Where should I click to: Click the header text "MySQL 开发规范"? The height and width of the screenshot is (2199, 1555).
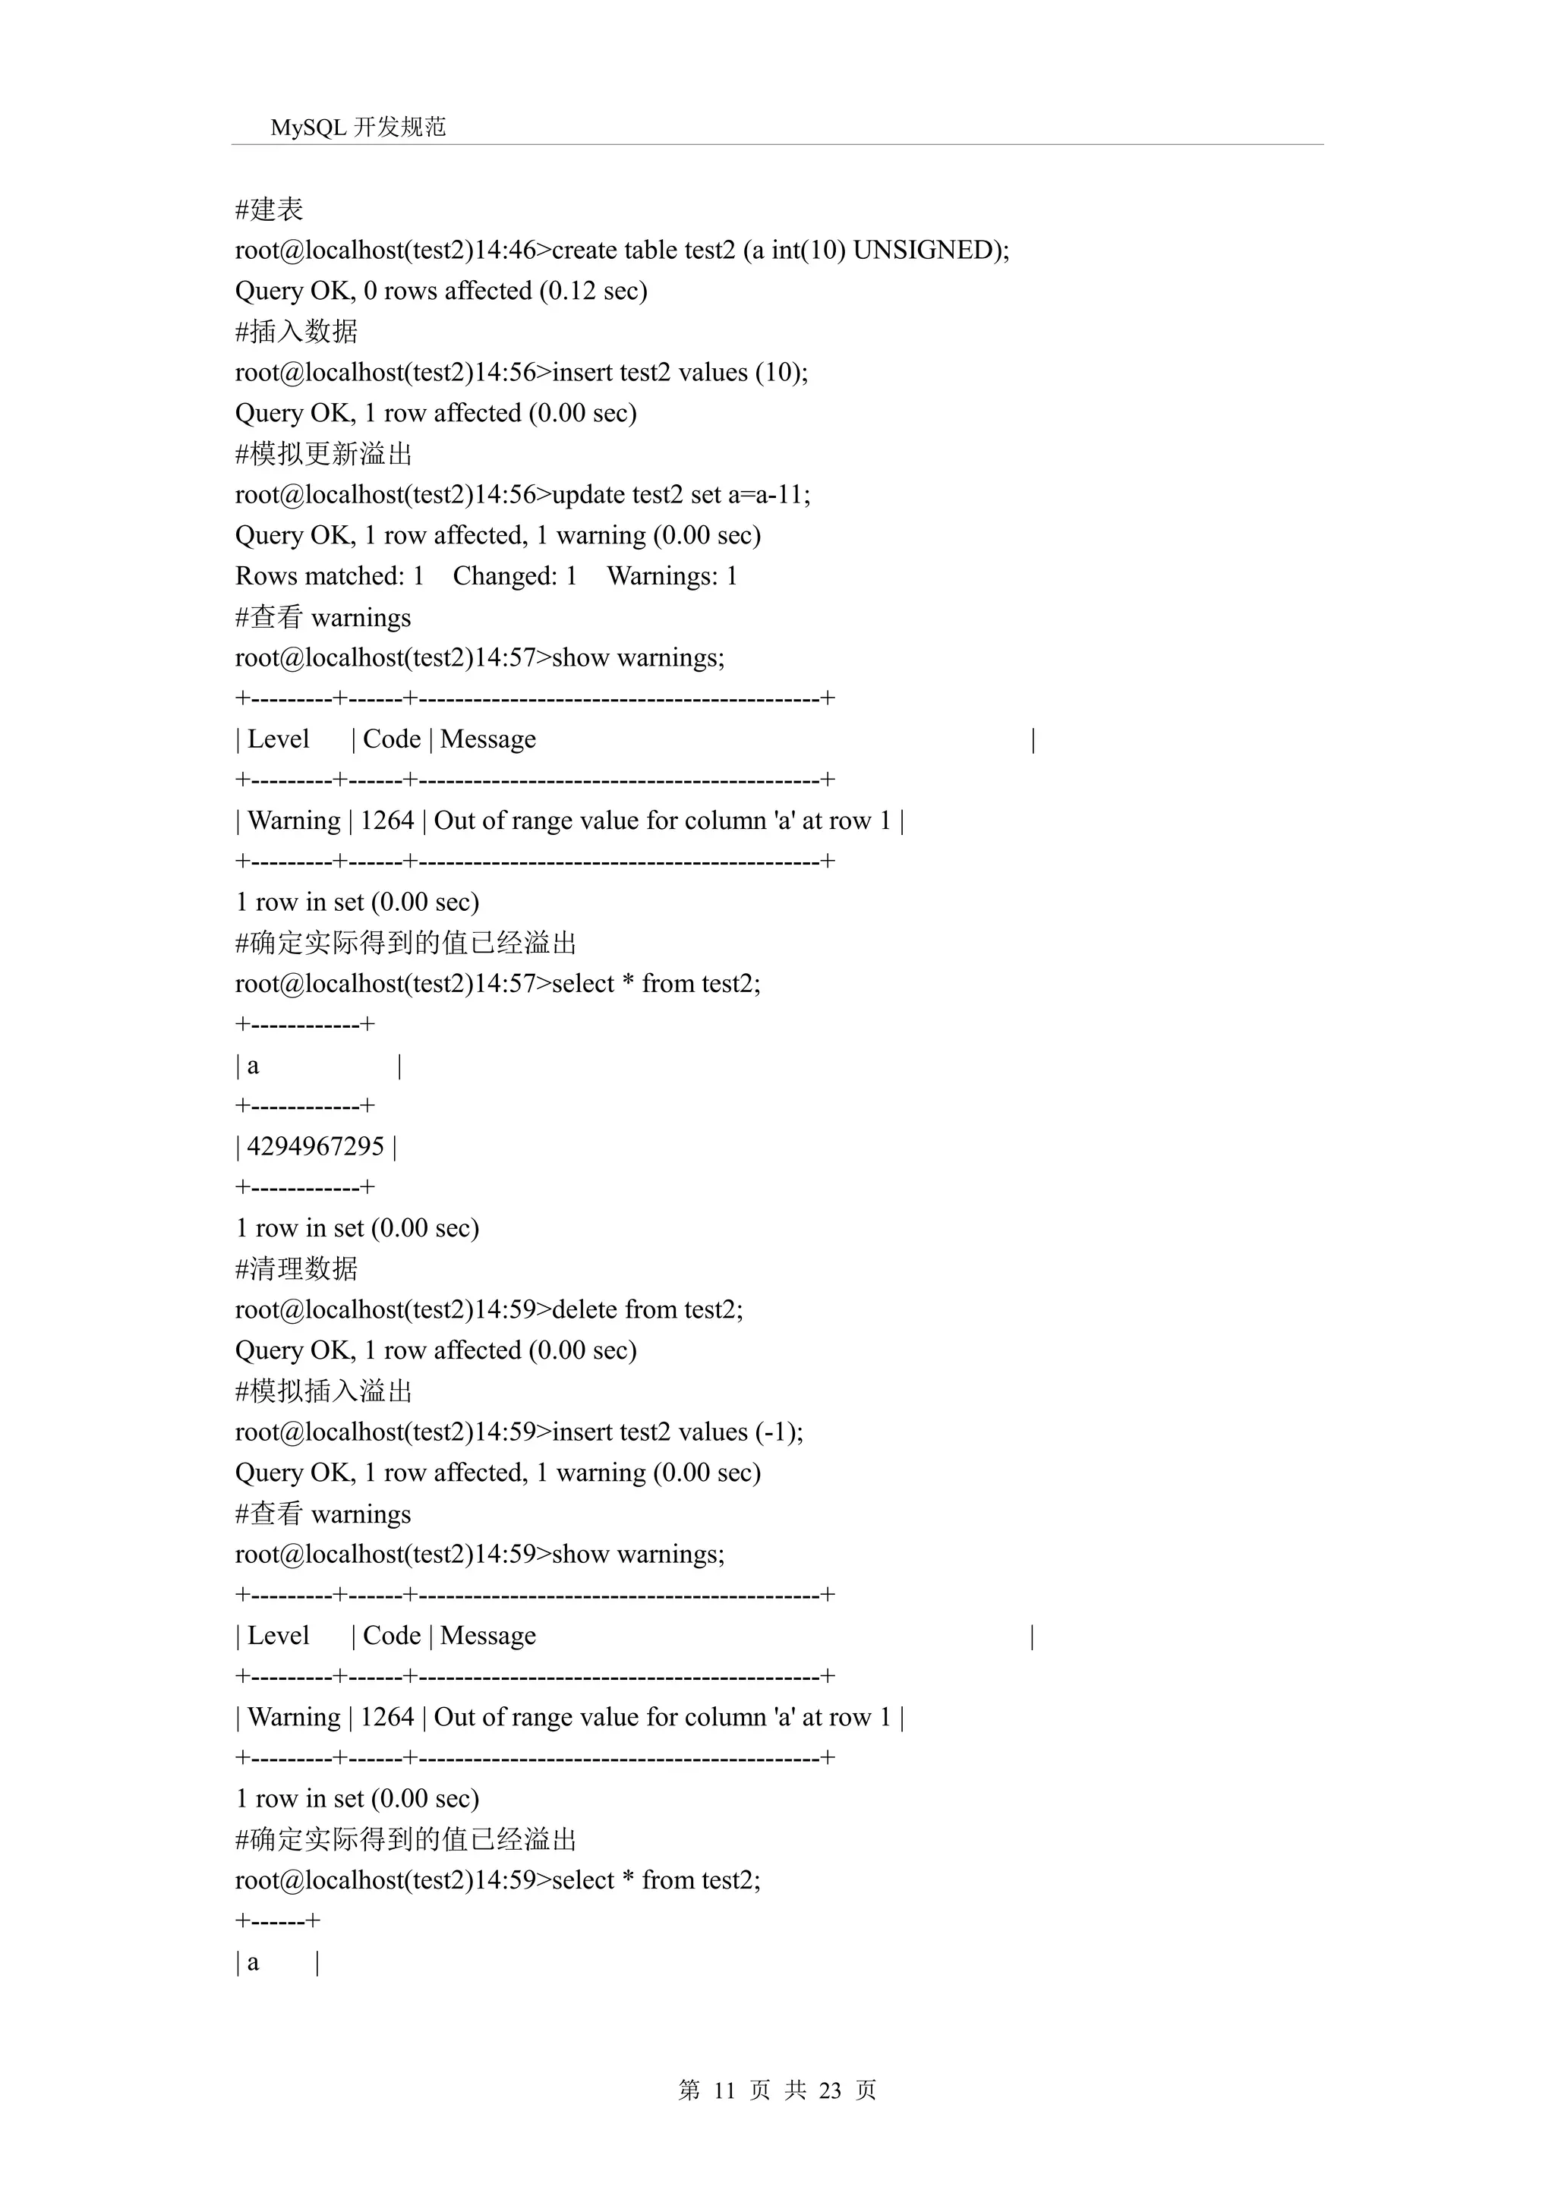click(358, 127)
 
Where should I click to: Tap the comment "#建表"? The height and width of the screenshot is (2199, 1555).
click(270, 209)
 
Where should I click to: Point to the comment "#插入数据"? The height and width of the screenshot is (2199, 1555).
click(296, 332)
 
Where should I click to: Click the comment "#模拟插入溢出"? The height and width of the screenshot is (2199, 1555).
click(324, 1391)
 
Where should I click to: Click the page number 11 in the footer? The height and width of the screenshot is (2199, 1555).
click(724, 2090)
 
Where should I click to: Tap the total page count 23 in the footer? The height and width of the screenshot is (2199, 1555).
click(830, 2090)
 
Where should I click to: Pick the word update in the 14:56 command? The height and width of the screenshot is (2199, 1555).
click(588, 494)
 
